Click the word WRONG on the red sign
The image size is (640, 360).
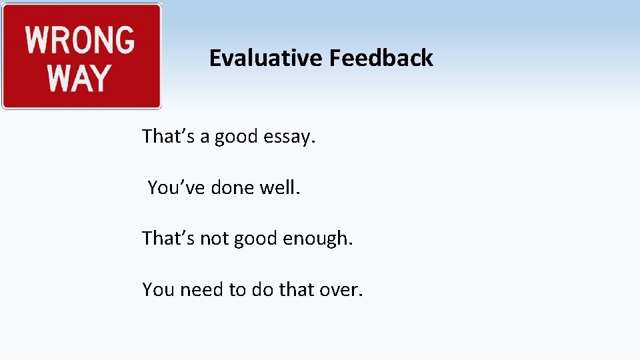pos(80,40)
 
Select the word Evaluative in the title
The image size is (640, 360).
pos(265,59)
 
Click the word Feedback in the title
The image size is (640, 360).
pos(380,59)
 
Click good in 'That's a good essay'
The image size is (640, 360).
pos(236,137)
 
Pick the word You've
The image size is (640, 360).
pos(176,188)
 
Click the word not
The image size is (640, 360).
pos(214,239)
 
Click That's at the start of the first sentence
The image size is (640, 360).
pos(167,137)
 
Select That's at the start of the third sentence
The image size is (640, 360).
pos(167,239)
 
